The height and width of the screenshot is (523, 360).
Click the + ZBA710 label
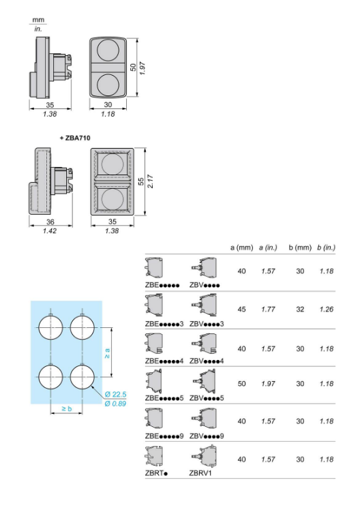(75, 138)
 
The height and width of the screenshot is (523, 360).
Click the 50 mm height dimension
(133, 67)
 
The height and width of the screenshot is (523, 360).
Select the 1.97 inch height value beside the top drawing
(142, 68)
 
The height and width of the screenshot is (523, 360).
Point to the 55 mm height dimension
(141, 181)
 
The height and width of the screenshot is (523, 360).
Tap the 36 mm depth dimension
(50, 222)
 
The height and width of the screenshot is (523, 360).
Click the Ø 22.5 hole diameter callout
(115, 394)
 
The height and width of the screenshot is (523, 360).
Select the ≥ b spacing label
(67, 408)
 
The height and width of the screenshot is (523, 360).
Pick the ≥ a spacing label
(107, 353)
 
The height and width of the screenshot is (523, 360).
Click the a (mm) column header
(242, 248)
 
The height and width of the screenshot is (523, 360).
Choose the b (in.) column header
(327, 248)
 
